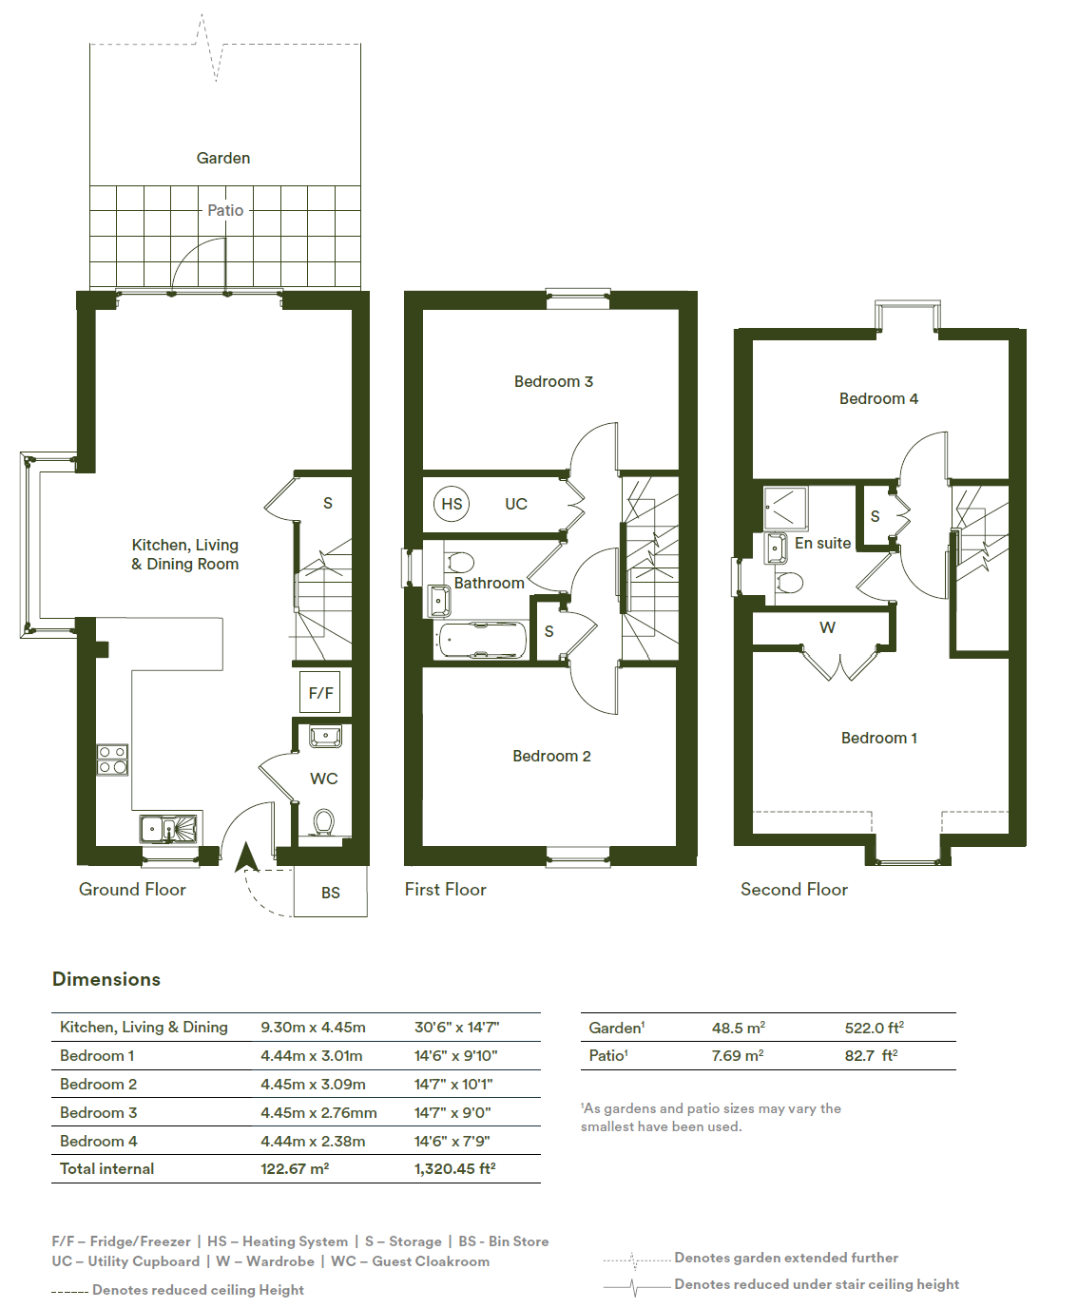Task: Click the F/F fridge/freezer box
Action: [320, 692]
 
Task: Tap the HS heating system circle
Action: [452, 504]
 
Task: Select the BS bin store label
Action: [331, 892]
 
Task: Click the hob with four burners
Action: [112, 760]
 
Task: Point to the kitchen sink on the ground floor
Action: [168, 829]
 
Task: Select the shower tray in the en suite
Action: [785, 508]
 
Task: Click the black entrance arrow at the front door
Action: [246, 857]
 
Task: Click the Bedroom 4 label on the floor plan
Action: [878, 398]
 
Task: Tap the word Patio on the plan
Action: [225, 210]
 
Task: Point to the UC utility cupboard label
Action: [516, 504]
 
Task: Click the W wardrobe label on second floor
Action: [827, 627]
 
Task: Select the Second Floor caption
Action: [794, 889]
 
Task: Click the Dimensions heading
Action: [106, 979]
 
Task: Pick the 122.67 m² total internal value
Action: [295, 1168]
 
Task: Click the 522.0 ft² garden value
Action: [874, 1028]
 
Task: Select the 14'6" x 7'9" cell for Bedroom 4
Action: [452, 1141]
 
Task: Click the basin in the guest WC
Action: [325, 737]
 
